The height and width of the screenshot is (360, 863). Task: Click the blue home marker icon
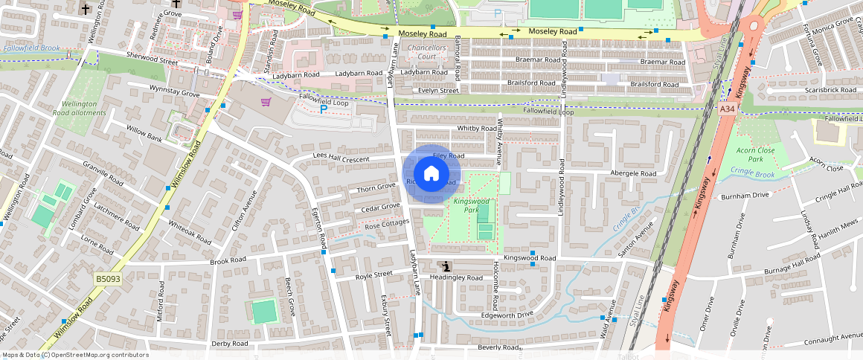(431, 174)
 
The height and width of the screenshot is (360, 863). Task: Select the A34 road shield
(728, 109)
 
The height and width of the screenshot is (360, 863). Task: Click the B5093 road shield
(108, 278)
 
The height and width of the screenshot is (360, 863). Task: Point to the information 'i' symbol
(446, 266)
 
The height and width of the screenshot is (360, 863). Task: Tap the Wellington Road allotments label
(79, 109)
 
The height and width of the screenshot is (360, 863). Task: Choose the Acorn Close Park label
(755, 155)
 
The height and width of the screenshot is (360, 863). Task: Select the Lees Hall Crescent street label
(341, 159)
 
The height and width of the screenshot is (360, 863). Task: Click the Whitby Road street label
(477, 129)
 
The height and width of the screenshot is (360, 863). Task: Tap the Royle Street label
(373, 274)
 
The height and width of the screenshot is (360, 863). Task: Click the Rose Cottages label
(387, 223)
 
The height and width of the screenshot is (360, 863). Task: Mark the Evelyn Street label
(438, 91)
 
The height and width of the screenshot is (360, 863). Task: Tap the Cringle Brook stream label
(752, 174)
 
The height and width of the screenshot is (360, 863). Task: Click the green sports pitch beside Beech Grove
(264, 311)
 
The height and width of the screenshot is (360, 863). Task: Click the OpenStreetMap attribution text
(75, 355)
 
